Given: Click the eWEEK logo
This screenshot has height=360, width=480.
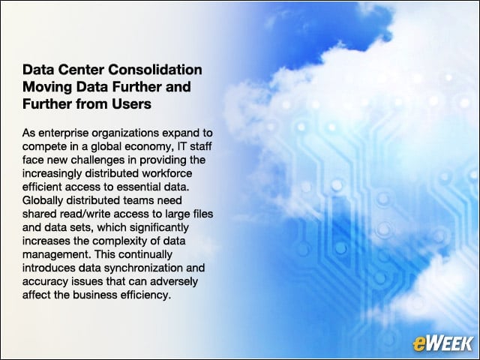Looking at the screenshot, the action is click(442, 343).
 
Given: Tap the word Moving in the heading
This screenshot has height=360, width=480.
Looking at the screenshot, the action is click(47, 87).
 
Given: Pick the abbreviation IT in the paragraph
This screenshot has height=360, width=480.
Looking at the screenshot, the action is click(181, 146).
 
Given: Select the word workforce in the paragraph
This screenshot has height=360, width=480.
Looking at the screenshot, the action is click(166, 173).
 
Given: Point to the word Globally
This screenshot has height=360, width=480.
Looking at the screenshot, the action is click(43, 200).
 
